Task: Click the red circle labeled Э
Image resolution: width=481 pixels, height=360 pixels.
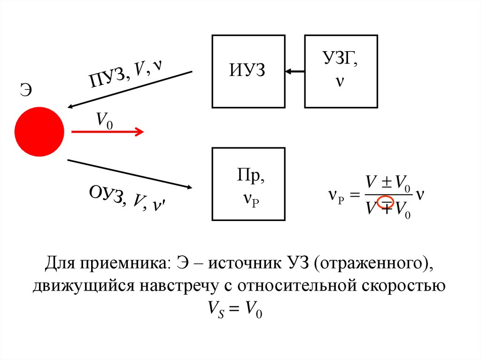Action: (39, 131)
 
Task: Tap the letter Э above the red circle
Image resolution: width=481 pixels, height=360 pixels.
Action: (26, 90)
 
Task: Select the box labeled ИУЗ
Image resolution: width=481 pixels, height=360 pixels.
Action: (248, 71)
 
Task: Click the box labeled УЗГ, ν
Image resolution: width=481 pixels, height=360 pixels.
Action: (341, 71)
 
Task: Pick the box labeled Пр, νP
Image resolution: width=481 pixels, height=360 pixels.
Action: (248, 184)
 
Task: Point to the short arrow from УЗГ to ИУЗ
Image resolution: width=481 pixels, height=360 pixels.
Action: (295, 71)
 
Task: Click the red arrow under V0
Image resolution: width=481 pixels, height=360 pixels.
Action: (107, 132)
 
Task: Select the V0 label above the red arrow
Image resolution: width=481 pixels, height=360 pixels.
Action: (104, 120)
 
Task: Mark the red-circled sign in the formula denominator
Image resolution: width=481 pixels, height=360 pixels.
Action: (386, 202)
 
